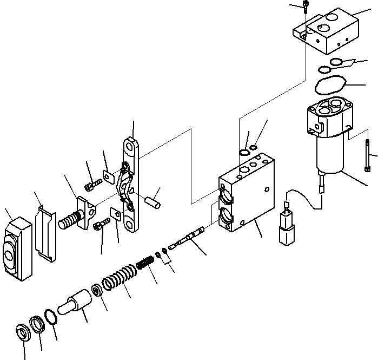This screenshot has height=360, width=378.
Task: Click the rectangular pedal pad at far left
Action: pos(17,248)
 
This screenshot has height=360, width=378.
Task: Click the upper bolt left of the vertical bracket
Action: pos(91,185)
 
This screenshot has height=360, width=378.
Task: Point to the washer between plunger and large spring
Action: pos(98,291)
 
